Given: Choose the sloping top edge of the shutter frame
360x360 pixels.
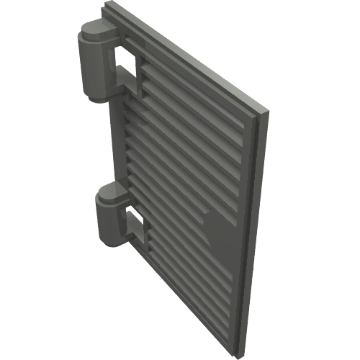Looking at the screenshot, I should click(x=187, y=58).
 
